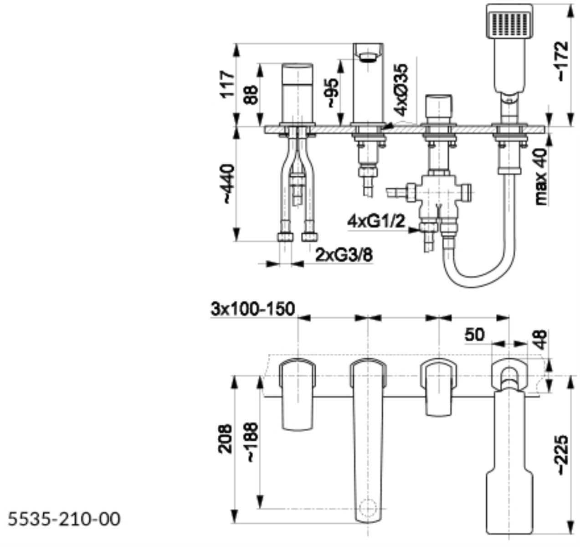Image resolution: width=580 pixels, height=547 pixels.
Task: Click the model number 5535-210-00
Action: [64, 519]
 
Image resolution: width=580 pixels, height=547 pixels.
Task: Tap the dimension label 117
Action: [227, 84]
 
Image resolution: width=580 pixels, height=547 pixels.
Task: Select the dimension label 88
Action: [251, 95]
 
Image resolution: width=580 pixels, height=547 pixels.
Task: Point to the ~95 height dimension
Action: [332, 92]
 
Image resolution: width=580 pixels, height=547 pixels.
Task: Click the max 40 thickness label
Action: [540, 175]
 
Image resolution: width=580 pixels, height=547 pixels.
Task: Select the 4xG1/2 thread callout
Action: [376, 222]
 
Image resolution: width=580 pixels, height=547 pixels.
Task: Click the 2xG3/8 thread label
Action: [344, 255]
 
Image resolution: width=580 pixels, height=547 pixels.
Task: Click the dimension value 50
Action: [474, 335]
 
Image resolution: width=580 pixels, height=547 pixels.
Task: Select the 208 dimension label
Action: [225, 439]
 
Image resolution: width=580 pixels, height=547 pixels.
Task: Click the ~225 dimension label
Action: [562, 455]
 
